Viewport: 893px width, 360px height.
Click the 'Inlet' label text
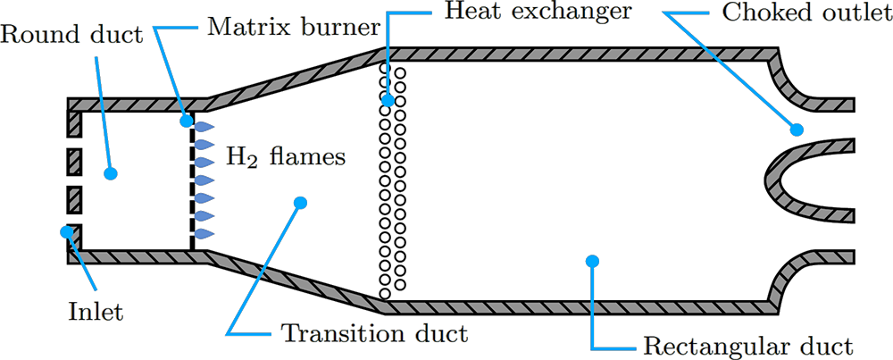96,314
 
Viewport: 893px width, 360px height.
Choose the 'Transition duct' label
374,335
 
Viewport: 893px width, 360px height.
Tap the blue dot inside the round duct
111,173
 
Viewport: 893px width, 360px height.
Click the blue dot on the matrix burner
188,119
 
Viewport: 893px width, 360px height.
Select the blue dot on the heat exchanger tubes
388,101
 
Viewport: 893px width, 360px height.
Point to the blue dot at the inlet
66,232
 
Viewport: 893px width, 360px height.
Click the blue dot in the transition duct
300,204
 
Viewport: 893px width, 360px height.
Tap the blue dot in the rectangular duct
590,260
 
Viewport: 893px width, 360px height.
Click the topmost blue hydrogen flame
204,127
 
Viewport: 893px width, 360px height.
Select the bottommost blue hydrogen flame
204,233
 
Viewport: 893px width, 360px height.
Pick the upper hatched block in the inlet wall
74,162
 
